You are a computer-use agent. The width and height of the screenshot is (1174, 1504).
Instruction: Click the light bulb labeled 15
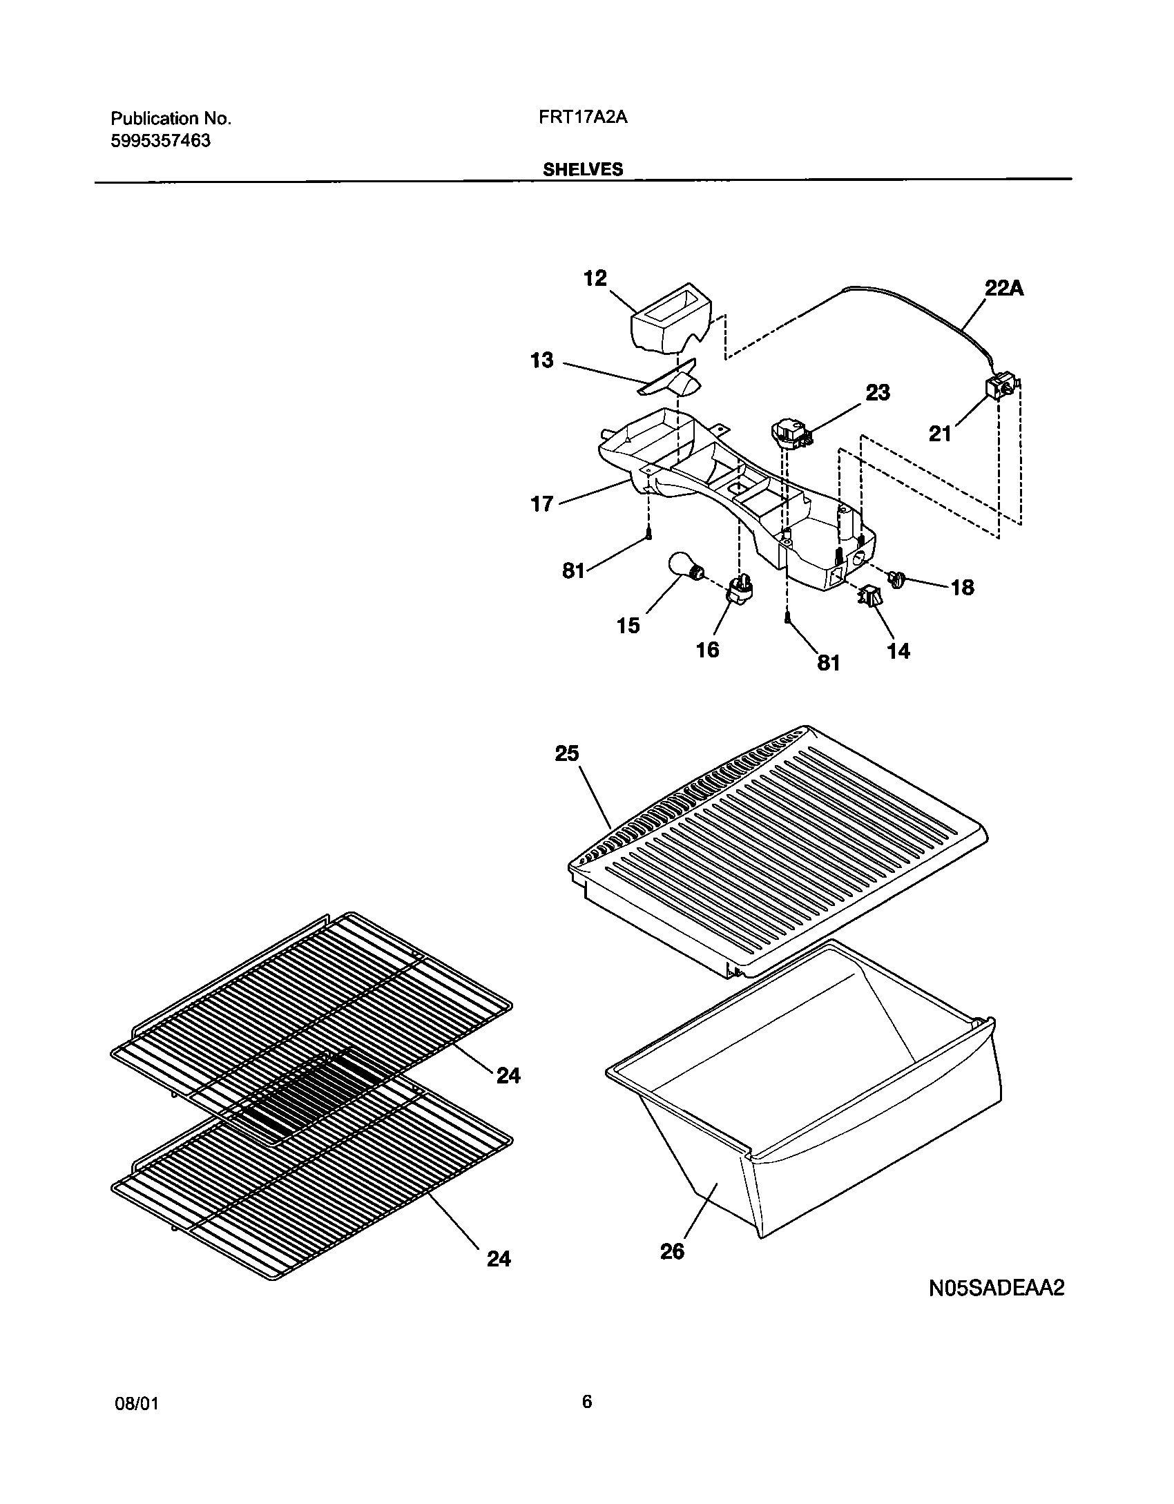coord(686,568)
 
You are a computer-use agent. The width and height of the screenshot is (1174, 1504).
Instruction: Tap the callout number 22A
coord(1003,288)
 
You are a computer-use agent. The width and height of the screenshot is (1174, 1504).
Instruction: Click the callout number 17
coord(542,504)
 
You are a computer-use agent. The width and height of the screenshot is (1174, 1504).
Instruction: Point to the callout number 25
coord(566,753)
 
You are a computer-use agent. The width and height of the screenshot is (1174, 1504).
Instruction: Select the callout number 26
coord(672,1251)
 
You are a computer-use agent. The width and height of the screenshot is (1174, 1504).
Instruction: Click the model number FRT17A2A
coord(582,117)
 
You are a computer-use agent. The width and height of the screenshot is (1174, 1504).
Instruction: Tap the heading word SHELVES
coord(582,169)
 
